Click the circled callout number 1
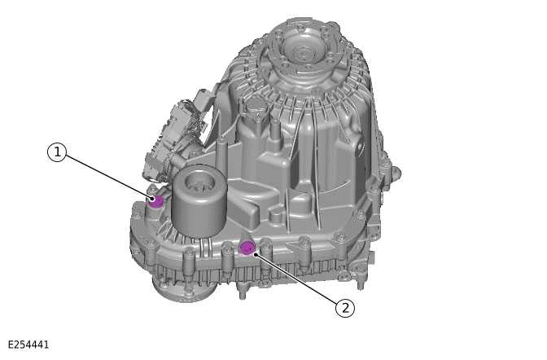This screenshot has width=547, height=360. tap(56, 152)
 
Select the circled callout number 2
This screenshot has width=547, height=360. tap(345, 307)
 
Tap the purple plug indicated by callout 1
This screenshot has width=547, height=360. tap(156, 200)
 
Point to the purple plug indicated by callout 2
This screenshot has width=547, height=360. tap(248, 248)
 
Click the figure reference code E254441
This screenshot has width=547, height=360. tap(28, 345)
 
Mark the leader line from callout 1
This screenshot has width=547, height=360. tap(106, 175)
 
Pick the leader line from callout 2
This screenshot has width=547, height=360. tap(297, 278)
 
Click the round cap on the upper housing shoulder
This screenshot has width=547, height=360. tap(255, 105)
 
